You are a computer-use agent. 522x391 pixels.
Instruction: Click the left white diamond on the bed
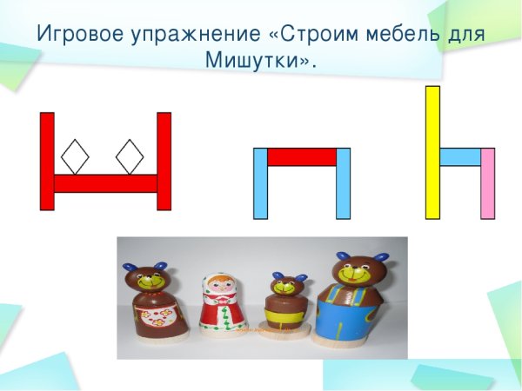75,156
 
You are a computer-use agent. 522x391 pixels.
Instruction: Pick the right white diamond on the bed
130,156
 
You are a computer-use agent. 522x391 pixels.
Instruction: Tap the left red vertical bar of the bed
47,161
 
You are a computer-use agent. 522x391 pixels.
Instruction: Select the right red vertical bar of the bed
164,161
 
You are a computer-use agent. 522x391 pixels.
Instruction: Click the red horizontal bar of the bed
105,183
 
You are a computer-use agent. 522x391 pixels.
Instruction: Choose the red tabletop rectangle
301,156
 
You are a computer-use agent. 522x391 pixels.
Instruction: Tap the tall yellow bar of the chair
432,152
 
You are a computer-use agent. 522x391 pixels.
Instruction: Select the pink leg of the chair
487,183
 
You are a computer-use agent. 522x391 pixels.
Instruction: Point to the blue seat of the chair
460,156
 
